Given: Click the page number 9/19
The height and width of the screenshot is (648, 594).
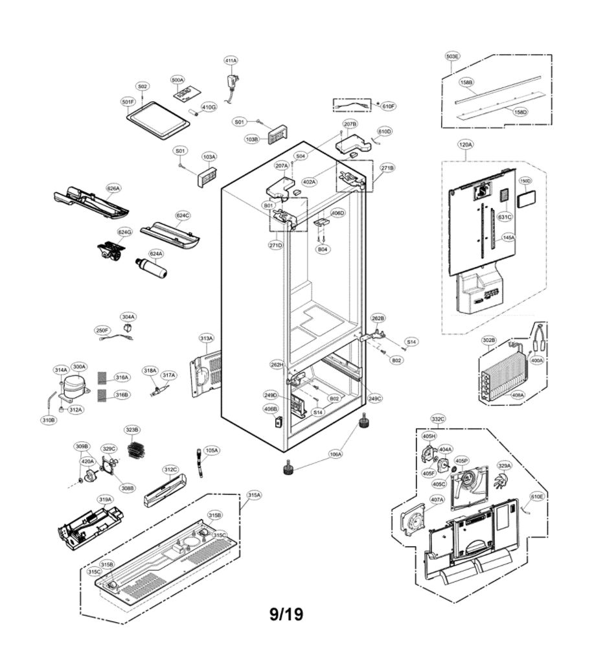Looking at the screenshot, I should (x=286, y=613).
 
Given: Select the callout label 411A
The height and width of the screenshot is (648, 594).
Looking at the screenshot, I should (x=231, y=60).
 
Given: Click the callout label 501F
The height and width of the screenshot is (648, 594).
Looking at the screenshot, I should (x=128, y=102).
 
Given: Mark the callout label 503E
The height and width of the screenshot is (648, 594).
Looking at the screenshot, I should (x=452, y=56).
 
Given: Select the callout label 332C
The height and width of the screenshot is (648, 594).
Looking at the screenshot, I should (x=438, y=419).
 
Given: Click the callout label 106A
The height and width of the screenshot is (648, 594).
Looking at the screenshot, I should (x=336, y=455).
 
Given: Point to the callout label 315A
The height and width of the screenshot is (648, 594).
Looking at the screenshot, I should (x=254, y=495).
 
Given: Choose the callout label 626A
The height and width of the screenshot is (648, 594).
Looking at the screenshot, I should (x=113, y=189).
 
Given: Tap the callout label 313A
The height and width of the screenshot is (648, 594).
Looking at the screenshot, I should (x=206, y=339).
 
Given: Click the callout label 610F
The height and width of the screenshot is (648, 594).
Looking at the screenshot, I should (x=388, y=106).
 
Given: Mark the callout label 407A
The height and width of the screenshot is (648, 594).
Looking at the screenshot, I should (x=437, y=500).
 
